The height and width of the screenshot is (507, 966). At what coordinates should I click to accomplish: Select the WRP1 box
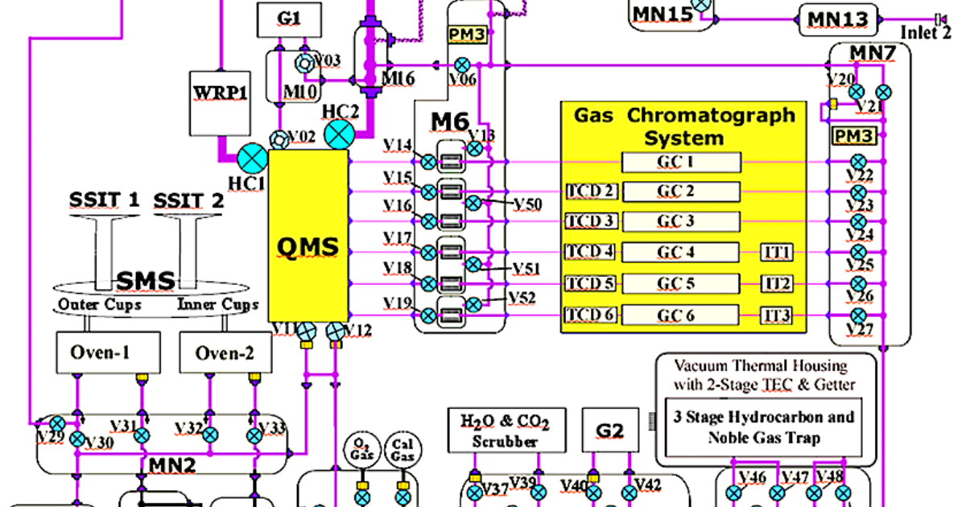tap(218, 102)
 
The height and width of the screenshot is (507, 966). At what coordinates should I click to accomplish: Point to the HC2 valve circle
tap(340, 134)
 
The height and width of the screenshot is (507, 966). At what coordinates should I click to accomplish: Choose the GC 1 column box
tap(681, 163)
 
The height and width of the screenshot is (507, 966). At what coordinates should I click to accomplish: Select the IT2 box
tap(778, 284)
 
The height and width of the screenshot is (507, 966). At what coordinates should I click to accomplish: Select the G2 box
tap(610, 431)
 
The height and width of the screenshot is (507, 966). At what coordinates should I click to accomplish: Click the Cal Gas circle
tap(401, 449)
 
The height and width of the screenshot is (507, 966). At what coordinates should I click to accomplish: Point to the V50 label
tap(527, 204)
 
